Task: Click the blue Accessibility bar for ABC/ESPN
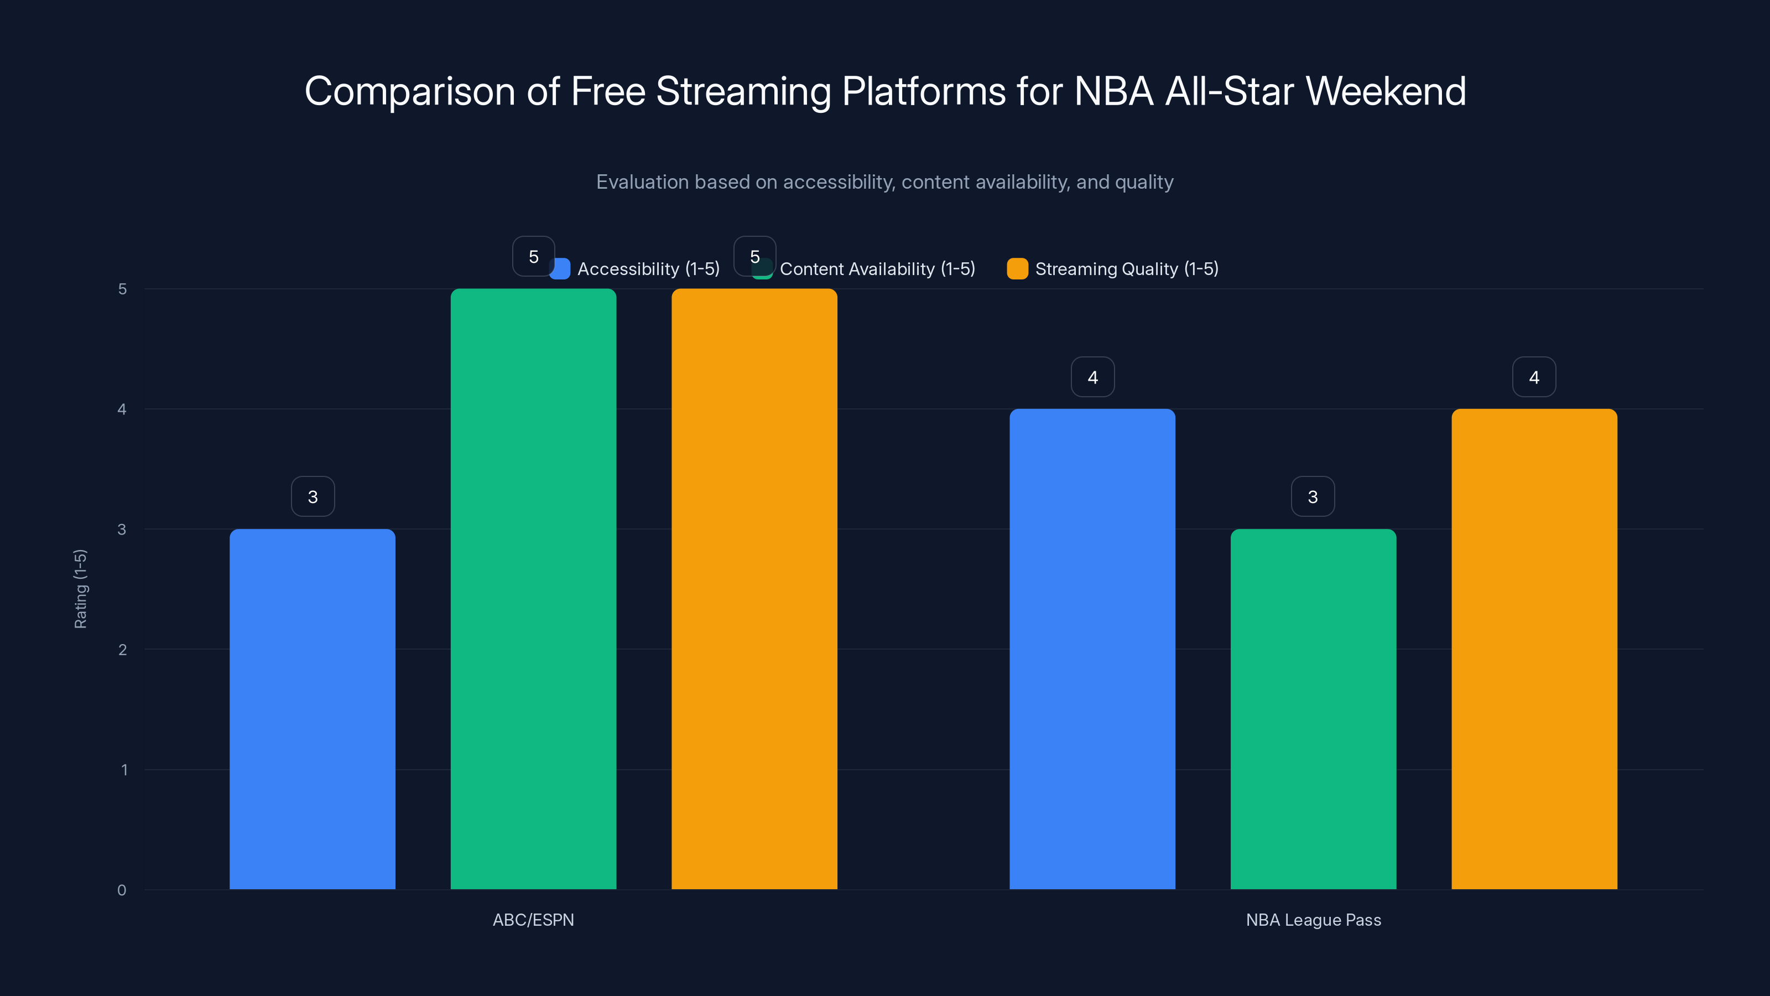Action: (x=312, y=708)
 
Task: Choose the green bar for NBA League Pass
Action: (x=1313, y=708)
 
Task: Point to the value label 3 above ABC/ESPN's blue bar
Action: (x=313, y=496)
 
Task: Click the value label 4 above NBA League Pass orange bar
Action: (x=1534, y=377)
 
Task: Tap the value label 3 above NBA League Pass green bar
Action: (x=1313, y=496)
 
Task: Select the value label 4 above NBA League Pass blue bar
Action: (x=1092, y=377)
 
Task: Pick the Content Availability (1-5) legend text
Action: (x=877, y=269)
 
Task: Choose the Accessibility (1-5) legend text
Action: (x=648, y=269)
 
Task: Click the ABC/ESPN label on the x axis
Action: (x=533, y=920)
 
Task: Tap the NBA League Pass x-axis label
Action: (x=1313, y=920)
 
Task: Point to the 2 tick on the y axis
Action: (x=122, y=650)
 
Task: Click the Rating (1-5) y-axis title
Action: (x=80, y=588)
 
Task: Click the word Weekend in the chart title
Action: (x=1385, y=91)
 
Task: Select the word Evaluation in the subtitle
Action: (x=642, y=182)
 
